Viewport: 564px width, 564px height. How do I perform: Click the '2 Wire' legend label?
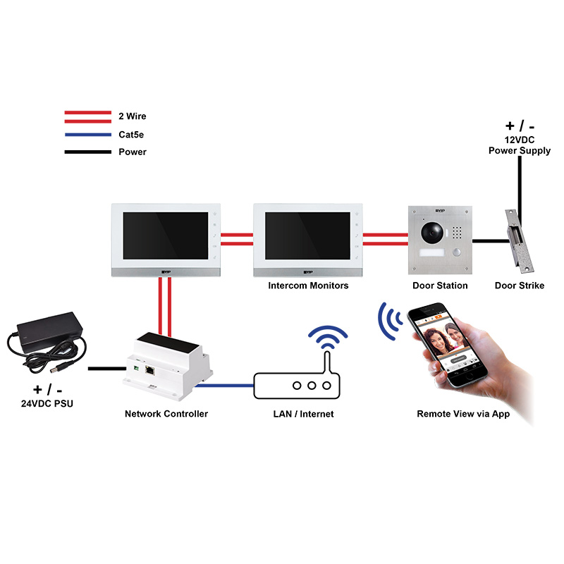click(133, 116)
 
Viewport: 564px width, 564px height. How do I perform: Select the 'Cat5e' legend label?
click(132, 134)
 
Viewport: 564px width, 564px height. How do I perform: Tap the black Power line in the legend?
click(87, 152)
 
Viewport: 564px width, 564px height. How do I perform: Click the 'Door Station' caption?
click(440, 286)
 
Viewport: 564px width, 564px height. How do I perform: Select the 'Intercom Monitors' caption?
click(308, 286)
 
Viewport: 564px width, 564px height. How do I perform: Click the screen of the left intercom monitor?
click(164, 235)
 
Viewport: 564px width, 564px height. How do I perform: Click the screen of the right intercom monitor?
click(307, 235)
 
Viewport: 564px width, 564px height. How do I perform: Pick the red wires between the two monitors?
click(236, 239)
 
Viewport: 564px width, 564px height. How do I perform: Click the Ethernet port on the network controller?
click(150, 368)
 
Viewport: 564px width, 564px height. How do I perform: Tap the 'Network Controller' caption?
click(166, 414)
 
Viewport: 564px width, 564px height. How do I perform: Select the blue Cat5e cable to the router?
click(223, 386)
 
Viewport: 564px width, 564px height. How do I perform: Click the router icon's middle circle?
click(310, 386)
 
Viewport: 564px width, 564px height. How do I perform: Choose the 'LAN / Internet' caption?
click(304, 414)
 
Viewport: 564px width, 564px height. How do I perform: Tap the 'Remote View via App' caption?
click(463, 414)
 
